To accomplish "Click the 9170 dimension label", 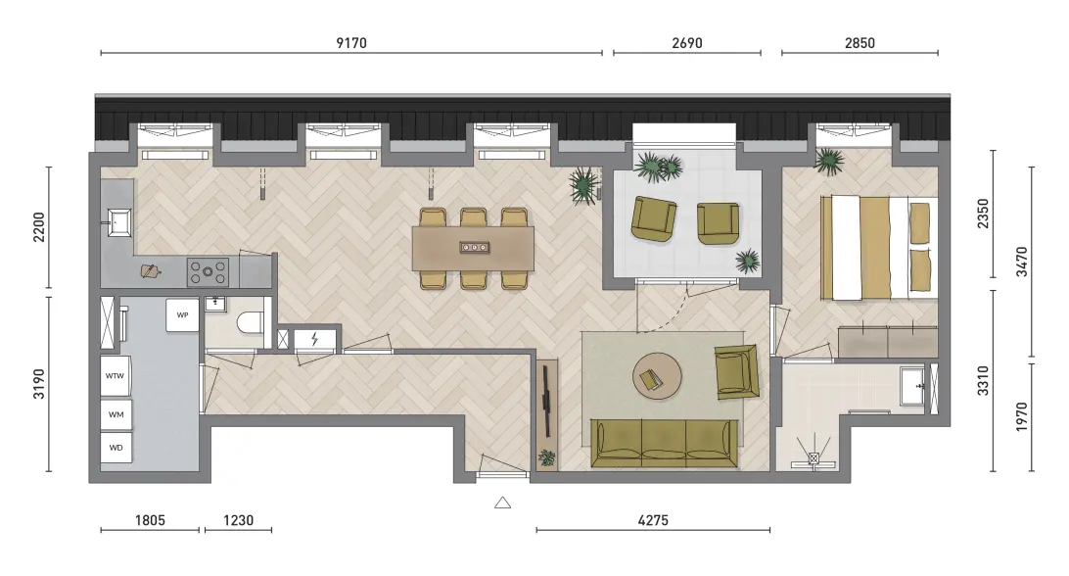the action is coord(351,43).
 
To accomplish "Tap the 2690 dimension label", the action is coord(686,43).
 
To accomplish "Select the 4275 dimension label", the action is coord(652,520).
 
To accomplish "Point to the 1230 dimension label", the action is coord(238,520).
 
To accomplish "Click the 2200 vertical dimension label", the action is coord(39,226).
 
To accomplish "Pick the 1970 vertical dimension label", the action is coord(1021,416).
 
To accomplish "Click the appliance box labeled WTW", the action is coord(116,375).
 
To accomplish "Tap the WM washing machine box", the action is coord(116,414).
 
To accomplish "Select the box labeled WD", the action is coord(116,448).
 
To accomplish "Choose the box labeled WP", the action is coord(182,314).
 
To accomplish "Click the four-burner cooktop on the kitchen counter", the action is coord(208,271).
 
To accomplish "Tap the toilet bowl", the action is coord(250,323).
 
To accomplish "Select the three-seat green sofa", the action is coord(664,444).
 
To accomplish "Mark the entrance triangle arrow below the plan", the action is coord(502,503).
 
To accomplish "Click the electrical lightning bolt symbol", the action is coord(314,339).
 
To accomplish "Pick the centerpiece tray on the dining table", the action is coord(474,247).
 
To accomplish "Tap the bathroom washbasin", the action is coord(913,386).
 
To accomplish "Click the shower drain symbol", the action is coord(813,459).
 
